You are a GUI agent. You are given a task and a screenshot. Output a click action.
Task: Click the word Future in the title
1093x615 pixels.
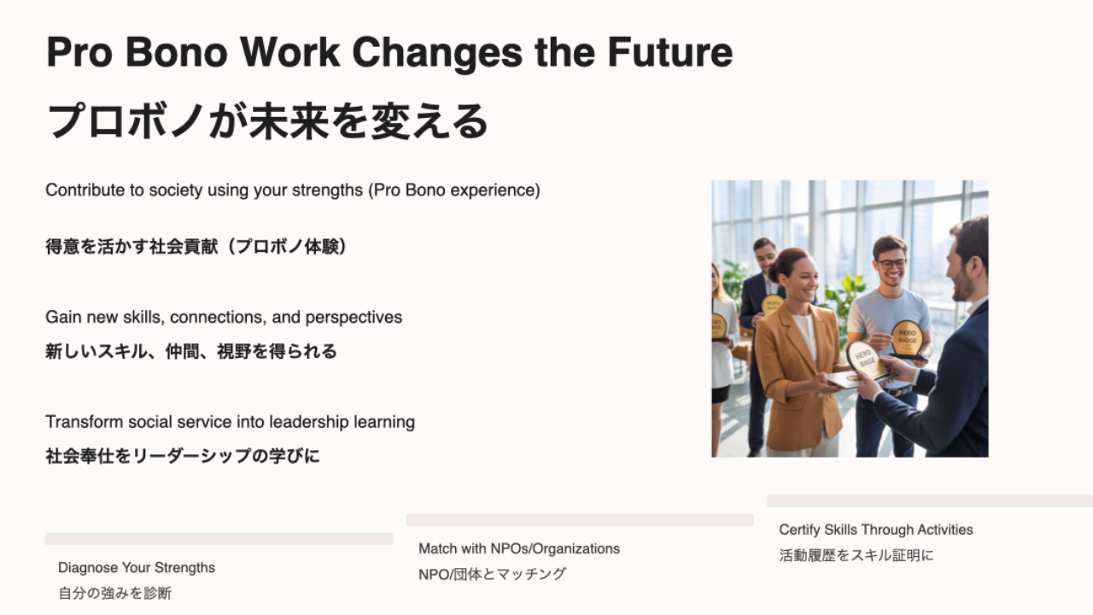670,52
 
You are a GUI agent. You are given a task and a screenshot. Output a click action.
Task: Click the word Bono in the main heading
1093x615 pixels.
176,52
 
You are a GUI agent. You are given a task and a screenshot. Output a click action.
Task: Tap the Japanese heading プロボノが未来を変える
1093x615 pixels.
267,121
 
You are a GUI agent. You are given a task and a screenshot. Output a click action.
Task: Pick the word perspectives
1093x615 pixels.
354,318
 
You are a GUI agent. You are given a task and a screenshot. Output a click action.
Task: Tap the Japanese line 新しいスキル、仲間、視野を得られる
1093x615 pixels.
190,351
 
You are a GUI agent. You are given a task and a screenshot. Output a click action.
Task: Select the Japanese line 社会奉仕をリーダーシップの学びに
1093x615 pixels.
183,456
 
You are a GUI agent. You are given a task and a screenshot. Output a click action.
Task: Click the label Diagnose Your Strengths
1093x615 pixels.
137,568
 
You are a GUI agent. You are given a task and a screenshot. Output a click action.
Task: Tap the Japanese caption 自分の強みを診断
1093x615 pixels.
115,594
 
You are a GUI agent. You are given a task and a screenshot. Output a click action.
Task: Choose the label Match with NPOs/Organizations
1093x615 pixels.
519,549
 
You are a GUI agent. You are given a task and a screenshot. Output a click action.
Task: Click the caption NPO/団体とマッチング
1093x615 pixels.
493,575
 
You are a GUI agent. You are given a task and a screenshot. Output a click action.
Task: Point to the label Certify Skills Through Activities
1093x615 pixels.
876,530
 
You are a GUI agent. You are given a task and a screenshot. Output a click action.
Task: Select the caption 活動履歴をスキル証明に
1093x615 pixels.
856,555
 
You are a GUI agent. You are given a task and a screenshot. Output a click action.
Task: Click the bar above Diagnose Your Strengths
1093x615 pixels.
219,539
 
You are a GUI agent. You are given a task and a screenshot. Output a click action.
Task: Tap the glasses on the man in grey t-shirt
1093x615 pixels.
892,264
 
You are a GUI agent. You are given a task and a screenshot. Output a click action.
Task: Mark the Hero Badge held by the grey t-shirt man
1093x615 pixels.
907,337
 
